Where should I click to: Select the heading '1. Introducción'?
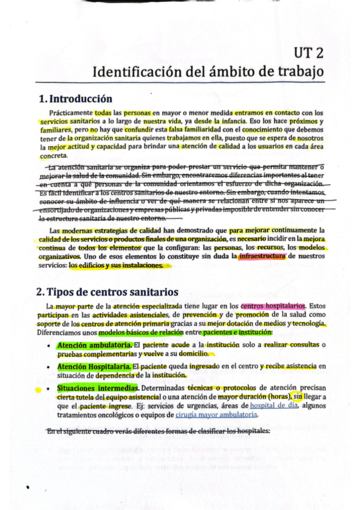click(75, 99)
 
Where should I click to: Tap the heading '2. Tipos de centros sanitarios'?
click(107, 292)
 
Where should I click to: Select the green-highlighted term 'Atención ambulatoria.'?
click(94, 345)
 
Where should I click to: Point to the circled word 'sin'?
click(298, 396)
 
